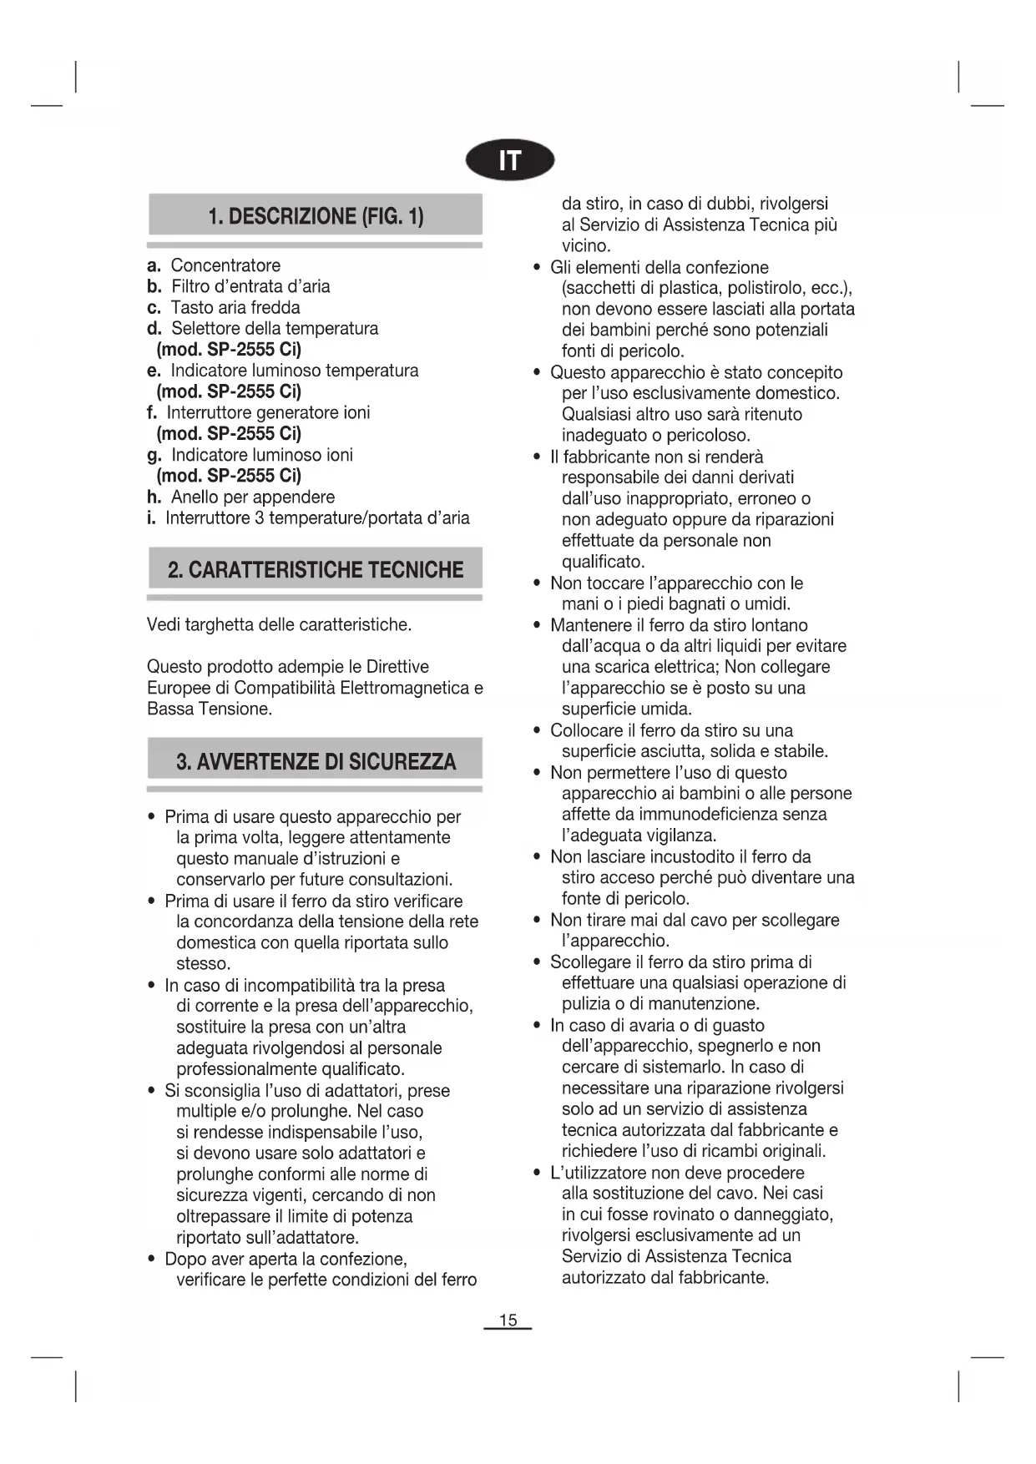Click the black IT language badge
coord(510,161)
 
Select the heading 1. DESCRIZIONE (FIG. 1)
coord(316,216)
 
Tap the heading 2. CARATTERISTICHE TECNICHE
coord(316,570)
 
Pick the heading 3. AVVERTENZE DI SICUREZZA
coord(316,761)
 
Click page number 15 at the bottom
coord(508,1320)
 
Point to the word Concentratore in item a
coord(225,265)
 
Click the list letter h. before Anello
coord(154,497)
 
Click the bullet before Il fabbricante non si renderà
coord(537,457)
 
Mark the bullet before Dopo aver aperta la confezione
coord(151,1259)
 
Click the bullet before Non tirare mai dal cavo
coord(537,920)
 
